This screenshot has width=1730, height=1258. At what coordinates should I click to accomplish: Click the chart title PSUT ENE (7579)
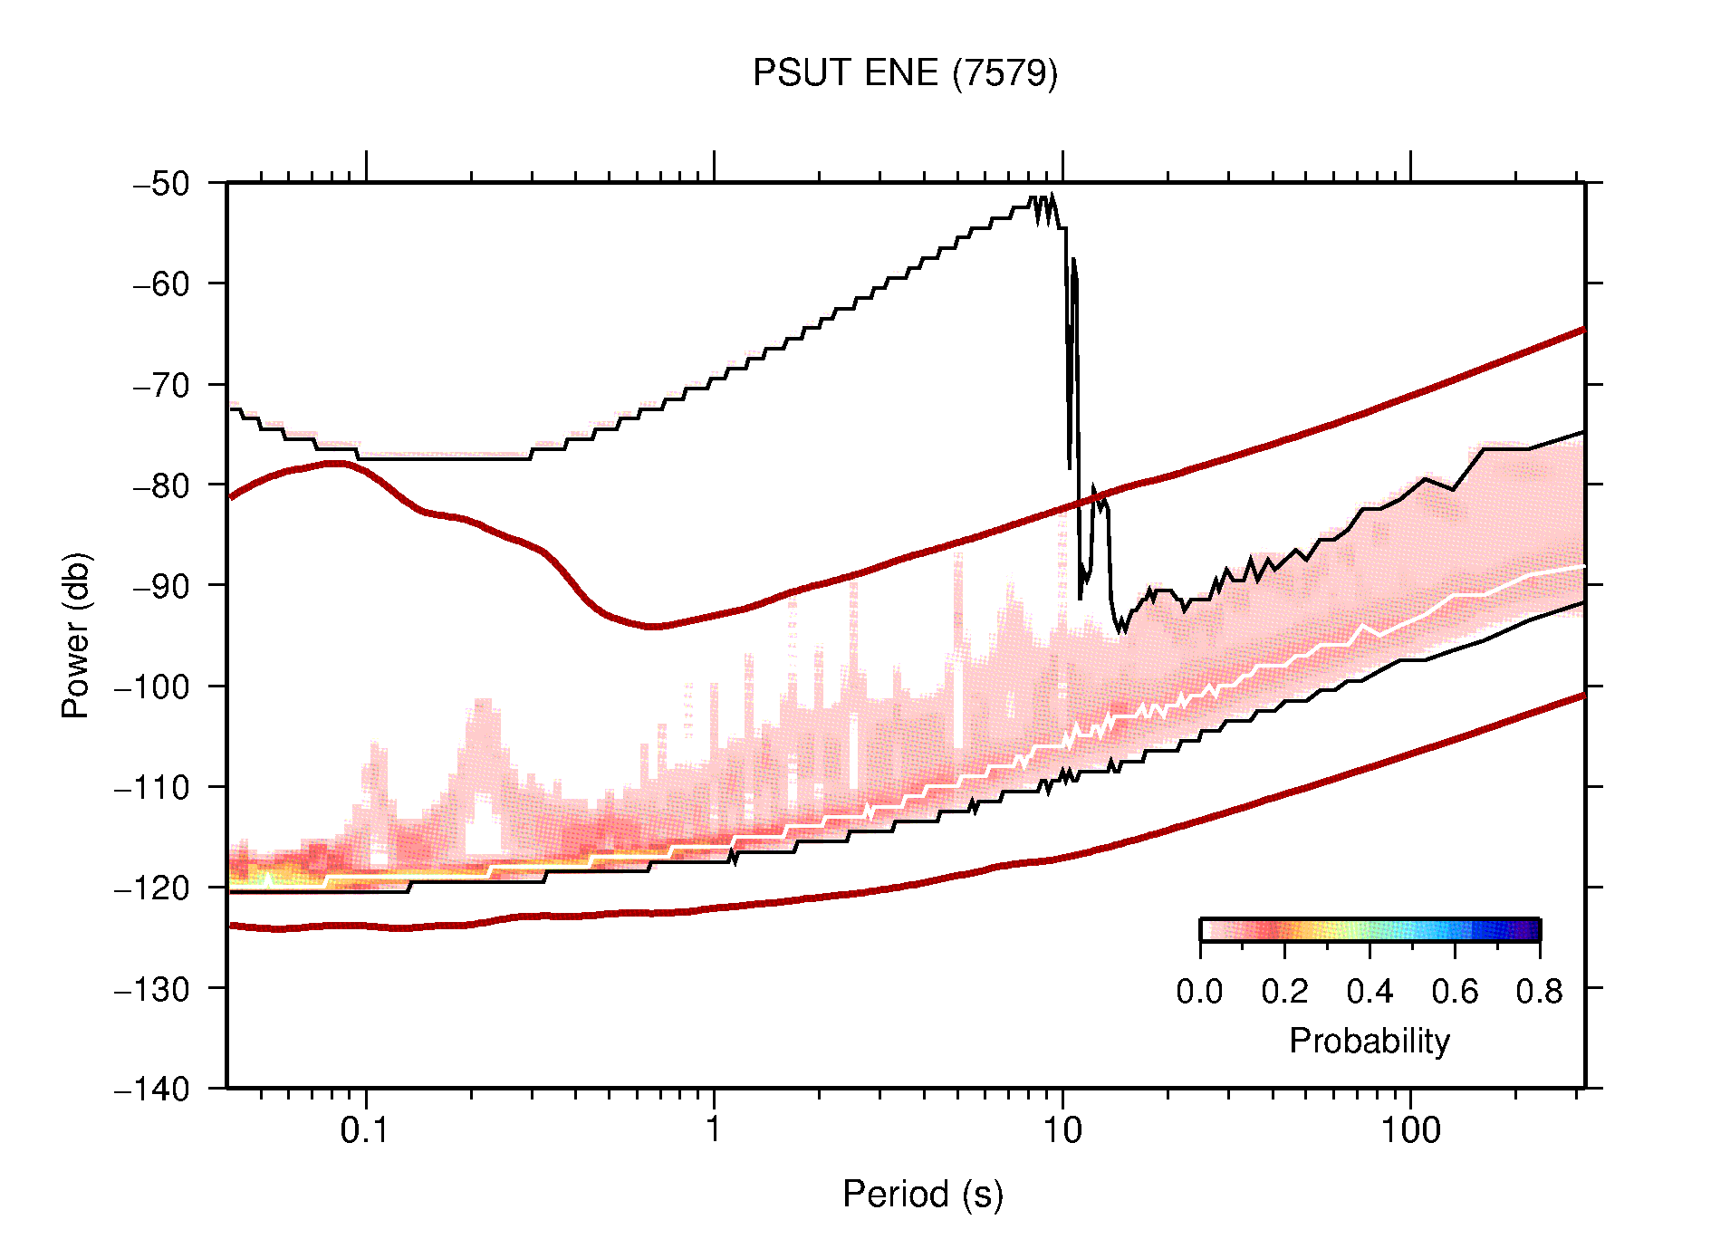(905, 73)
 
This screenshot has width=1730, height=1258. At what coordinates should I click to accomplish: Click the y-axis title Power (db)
(76, 635)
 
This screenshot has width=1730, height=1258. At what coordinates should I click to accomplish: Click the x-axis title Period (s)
(922, 1194)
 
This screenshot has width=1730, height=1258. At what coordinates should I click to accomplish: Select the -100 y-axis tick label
(152, 687)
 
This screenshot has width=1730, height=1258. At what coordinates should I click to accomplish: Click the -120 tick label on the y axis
(152, 888)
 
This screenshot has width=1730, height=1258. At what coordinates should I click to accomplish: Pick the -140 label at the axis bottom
(152, 1089)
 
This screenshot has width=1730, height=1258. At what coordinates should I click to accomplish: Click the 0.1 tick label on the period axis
(364, 1130)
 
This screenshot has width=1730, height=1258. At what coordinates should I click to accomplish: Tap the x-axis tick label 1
(714, 1130)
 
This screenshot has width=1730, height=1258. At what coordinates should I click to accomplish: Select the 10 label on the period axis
(1062, 1130)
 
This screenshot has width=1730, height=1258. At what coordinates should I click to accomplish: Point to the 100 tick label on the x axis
(1409, 1130)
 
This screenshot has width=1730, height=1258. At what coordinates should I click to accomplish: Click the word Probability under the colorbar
(1369, 1041)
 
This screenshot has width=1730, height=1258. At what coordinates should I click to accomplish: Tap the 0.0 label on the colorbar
(1199, 992)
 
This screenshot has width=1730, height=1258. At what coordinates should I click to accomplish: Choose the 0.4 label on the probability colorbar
(1370, 992)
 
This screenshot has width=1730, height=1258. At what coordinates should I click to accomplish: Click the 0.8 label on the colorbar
(1539, 992)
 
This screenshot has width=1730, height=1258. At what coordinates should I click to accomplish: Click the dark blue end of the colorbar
(1531, 930)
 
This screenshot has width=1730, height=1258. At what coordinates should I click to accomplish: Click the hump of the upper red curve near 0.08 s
(335, 463)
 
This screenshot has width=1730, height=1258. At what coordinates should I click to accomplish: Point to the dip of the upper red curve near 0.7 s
(654, 626)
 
